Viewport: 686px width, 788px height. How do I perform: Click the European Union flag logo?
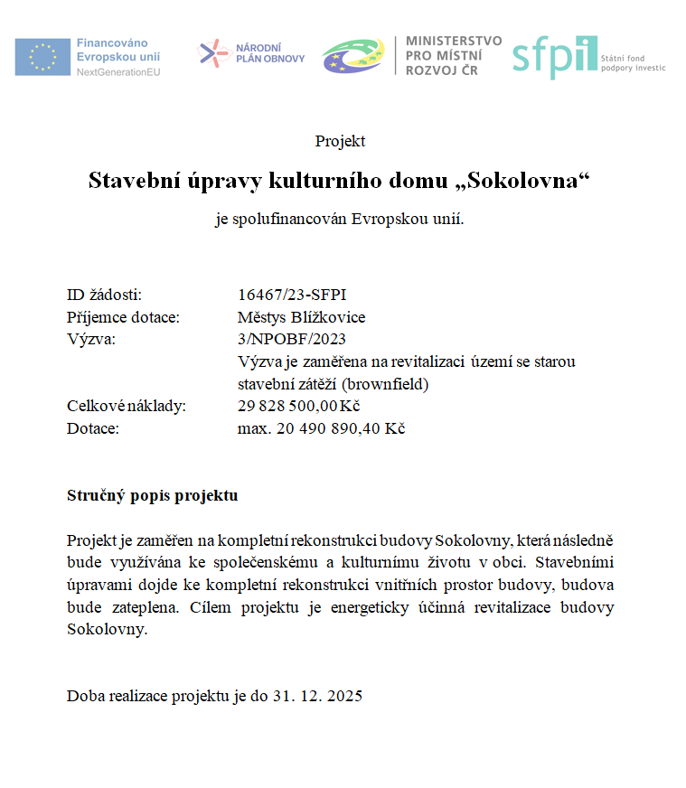tap(42, 56)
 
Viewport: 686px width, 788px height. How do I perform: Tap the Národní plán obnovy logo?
tap(252, 53)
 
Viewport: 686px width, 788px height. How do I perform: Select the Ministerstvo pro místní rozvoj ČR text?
tap(454, 56)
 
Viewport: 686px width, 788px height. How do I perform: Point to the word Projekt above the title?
tap(340, 141)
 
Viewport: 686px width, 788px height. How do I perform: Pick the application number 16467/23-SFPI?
tap(292, 295)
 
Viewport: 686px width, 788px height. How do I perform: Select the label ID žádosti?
tap(105, 295)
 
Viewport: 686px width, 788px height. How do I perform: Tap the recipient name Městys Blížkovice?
tap(301, 317)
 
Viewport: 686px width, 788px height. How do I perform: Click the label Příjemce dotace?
tap(124, 317)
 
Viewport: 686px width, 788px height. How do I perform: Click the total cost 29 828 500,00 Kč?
tap(299, 406)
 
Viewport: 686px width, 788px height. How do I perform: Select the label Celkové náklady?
tap(127, 406)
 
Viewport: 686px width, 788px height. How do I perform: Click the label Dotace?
tap(93, 427)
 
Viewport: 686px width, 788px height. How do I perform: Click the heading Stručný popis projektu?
tap(152, 496)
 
